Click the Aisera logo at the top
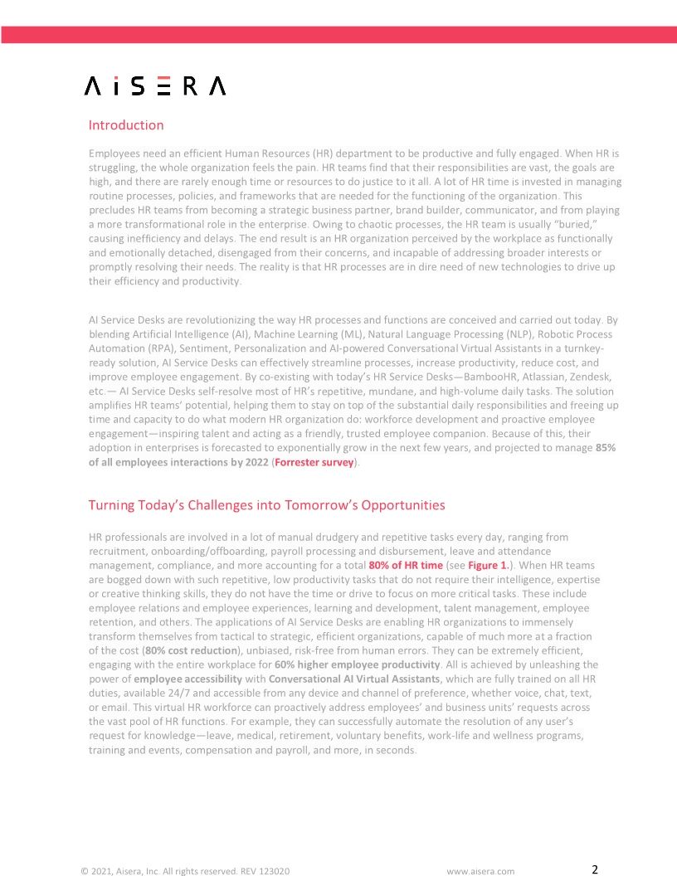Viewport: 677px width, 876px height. click(x=155, y=86)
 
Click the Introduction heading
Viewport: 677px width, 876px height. click(x=126, y=125)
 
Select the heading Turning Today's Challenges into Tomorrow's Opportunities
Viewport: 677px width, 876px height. click(x=266, y=505)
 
